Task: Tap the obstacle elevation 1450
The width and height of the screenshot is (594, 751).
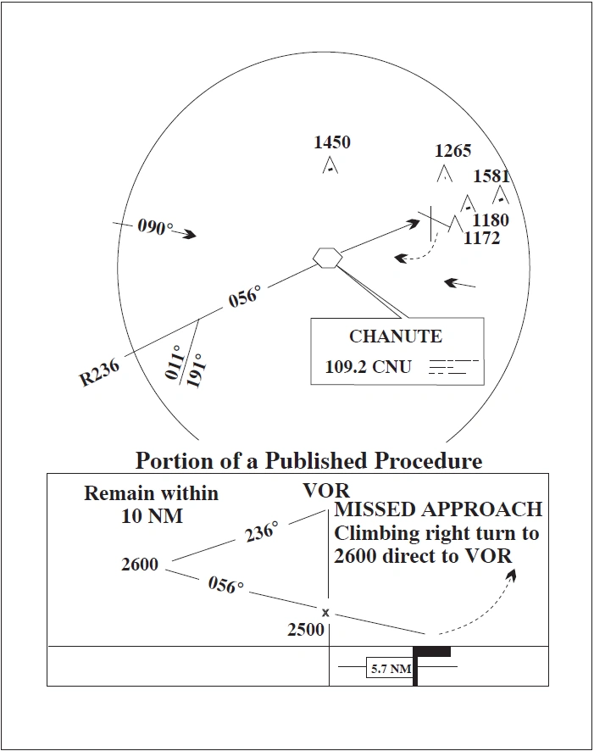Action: (332, 142)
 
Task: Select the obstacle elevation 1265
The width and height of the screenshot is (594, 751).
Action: (452, 151)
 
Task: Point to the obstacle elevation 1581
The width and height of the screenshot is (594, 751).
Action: (491, 176)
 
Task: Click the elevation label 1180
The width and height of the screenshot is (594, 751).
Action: (491, 220)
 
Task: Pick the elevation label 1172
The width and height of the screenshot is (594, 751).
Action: (482, 238)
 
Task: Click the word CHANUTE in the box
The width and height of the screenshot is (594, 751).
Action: (396, 337)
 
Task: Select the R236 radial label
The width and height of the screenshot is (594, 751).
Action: (100, 372)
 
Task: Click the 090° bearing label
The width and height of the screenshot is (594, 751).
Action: (155, 228)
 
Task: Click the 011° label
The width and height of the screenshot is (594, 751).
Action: (175, 363)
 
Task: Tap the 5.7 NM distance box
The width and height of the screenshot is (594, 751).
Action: (391, 669)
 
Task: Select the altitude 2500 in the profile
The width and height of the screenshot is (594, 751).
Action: (306, 630)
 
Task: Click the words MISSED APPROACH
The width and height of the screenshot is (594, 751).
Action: (438, 509)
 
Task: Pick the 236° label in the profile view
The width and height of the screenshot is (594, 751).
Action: (262, 533)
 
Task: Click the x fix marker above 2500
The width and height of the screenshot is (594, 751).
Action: (325, 612)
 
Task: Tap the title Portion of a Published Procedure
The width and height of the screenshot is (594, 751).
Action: (308, 461)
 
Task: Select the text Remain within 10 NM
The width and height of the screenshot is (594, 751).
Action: (151, 503)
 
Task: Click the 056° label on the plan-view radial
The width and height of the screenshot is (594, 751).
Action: (245, 298)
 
